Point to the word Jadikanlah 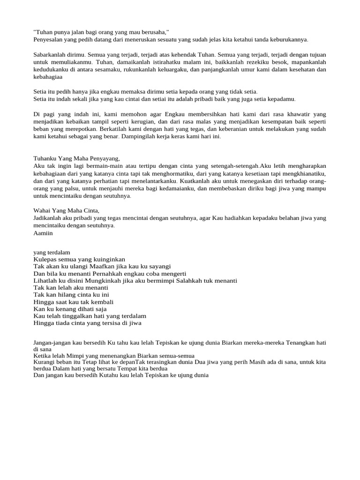(x=51, y=218)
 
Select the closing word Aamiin (x=43, y=233)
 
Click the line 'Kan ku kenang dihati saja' (x=70, y=309)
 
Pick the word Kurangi (x=45, y=362)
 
